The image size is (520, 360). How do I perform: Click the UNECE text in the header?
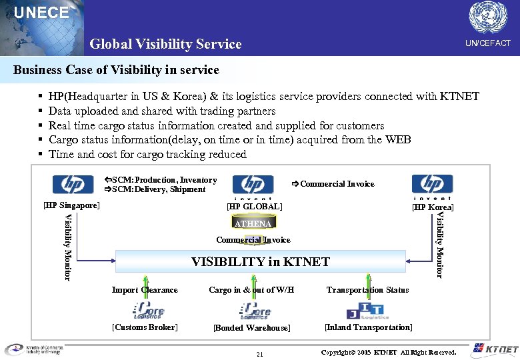pyautogui.click(x=41, y=13)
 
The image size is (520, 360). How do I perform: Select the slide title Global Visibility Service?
pyautogui.click(x=165, y=44)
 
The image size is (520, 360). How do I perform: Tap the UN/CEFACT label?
pyautogui.click(x=487, y=43)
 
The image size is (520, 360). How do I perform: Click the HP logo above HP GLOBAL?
pyautogui.click(x=253, y=186)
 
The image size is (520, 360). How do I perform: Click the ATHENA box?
pyautogui.click(x=253, y=223)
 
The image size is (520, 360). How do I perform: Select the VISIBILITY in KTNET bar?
pyautogui.click(x=260, y=261)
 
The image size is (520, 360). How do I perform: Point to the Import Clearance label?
pyautogui.click(x=145, y=290)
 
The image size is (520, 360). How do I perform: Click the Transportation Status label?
pyautogui.click(x=367, y=290)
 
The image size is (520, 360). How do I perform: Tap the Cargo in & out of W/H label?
pyautogui.click(x=251, y=290)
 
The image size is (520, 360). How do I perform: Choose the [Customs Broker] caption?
pyautogui.click(x=145, y=327)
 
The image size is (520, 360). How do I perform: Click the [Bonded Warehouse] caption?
pyautogui.click(x=251, y=328)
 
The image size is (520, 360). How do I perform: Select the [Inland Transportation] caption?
pyautogui.click(x=368, y=327)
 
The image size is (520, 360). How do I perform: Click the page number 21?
pyautogui.click(x=261, y=353)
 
